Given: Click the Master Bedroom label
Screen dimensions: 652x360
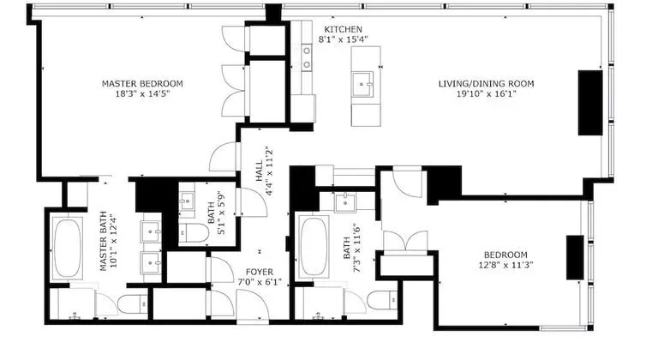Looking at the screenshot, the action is (x=142, y=84).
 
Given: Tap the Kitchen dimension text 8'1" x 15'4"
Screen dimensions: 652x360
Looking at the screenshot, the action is (x=343, y=39).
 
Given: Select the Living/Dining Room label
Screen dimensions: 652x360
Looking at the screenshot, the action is (x=486, y=84).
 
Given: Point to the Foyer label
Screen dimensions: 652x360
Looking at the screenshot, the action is (x=260, y=273).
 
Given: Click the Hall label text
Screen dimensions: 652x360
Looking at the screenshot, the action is (x=259, y=171).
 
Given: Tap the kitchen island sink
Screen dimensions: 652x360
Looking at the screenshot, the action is (x=362, y=84).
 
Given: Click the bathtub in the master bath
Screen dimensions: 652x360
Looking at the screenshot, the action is (x=67, y=248).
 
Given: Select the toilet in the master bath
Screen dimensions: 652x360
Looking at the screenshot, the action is (x=132, y=303).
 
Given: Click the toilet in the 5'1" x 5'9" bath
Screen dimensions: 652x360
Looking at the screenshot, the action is (x=194, y=233).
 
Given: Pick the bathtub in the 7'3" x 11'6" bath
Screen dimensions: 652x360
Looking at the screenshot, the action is (x=314, y=246).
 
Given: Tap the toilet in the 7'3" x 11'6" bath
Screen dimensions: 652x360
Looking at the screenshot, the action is (x=382, y=300).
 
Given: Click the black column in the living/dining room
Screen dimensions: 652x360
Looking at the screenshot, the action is (x=590, y=103).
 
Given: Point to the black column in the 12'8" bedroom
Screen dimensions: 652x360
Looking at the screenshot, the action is (x=575, y=257).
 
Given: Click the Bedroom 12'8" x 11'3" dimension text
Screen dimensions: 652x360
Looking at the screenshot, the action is (x=505, y=265).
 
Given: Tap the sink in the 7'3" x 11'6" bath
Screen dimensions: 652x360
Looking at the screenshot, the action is (x=345, y=202).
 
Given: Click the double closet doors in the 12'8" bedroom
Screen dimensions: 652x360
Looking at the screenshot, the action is (x=405, y=242).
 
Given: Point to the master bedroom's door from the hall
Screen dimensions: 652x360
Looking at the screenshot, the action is (x=224, y=157).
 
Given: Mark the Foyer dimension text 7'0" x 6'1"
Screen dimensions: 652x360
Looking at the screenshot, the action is (x=260, y=282).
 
